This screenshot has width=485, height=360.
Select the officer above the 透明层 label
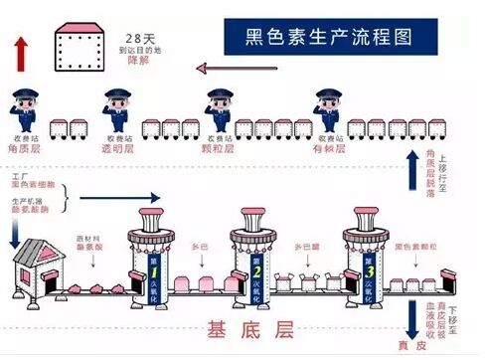pyautogui.click(x=117, y=106)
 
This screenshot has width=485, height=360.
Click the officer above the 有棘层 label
pyautogui.click(x=328, y=106)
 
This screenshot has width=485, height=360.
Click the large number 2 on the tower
pyautogui.click(x=256, y=270)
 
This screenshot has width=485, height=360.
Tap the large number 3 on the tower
pyautogui.click(x=369, y=270)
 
